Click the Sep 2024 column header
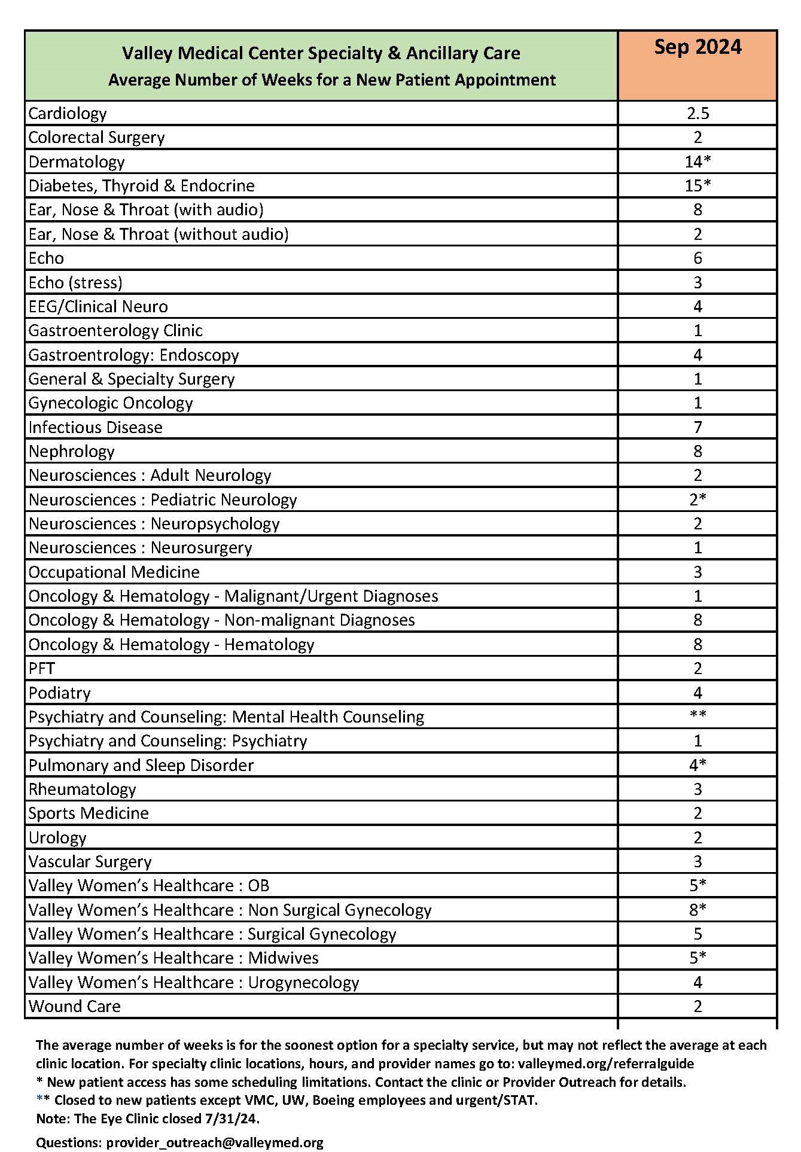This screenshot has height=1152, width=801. (x=698, y=47)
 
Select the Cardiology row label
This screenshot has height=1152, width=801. (x=68, y=114)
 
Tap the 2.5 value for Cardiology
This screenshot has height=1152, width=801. (x=698, y=114)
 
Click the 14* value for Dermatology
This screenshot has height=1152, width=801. (x=698, y=161)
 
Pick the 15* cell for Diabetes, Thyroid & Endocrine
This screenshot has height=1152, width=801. (x=698, y=185)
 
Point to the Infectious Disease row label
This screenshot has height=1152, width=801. (x=95, y=427)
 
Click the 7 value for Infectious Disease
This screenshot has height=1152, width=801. (x=698, y=427)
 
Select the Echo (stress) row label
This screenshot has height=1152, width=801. (x=75, y=282)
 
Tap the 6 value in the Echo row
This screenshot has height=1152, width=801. (x=698, y=258)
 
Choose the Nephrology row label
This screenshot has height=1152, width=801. (x=71, y=451)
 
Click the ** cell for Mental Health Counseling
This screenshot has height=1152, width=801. (x=698, y=715)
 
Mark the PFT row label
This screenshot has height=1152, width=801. (x=42, y=668)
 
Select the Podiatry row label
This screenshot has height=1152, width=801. (x=60, y=693)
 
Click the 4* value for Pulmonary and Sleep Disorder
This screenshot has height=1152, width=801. (x=698, y=765)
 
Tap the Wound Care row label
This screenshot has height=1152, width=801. (x=75, y=1006)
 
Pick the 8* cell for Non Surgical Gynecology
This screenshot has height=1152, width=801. (x=698, y=910)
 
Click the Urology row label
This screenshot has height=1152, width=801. (x=57, y=837)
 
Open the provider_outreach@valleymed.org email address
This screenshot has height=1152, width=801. (x=215, y=1142)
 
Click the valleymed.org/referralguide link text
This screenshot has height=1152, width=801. (x=606, y=1063)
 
